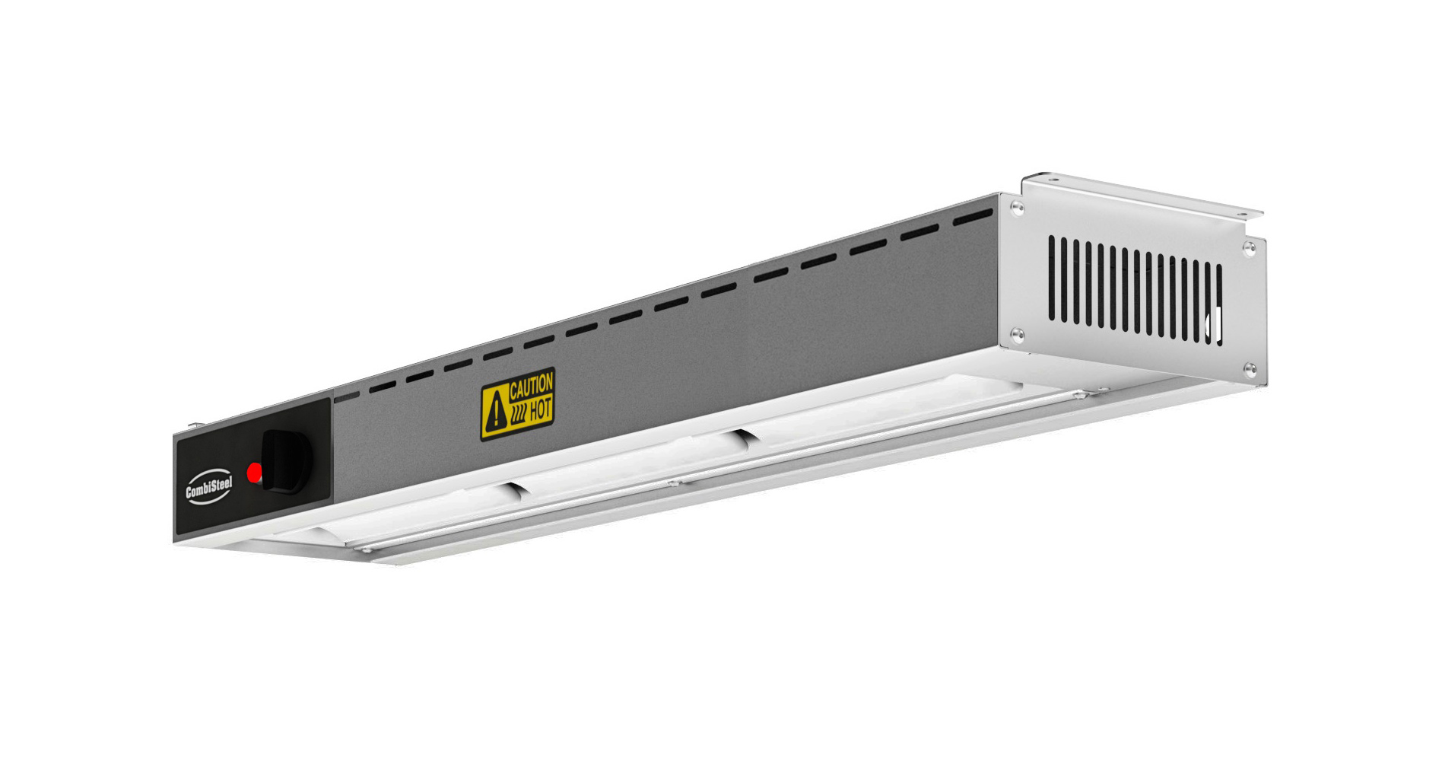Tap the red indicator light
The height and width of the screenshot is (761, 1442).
255,473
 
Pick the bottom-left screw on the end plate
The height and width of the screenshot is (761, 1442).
1015,333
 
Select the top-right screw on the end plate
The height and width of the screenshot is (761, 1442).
1248,247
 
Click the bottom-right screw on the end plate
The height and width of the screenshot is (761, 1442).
1249,369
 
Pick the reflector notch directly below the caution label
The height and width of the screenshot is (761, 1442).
512,489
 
